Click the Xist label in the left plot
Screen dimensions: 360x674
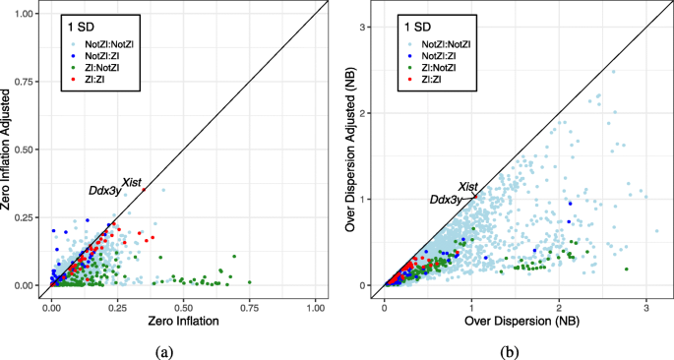click(x=131, y=182)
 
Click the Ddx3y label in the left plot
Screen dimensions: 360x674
click(x=105, y=190)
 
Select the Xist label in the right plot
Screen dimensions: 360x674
click(x=468, y=186)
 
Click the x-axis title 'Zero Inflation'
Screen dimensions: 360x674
click(x=184, y=322)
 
